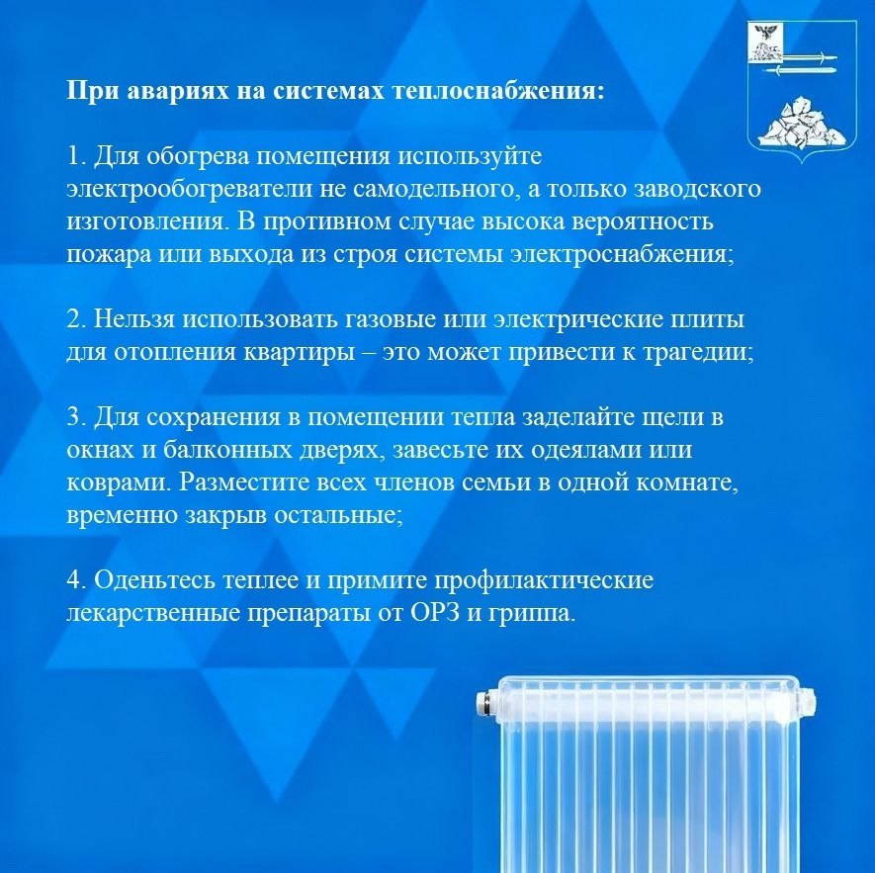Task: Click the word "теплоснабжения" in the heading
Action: point(497,90)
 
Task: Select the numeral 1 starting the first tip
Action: point(74,156)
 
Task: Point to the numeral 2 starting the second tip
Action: point(74,319)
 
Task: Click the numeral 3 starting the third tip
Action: point(74,417)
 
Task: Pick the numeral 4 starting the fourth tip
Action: point(74,580)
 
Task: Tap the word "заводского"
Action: point(698,189)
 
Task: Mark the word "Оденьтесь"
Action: point(154,580)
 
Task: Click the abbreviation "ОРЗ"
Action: point(435,613)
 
